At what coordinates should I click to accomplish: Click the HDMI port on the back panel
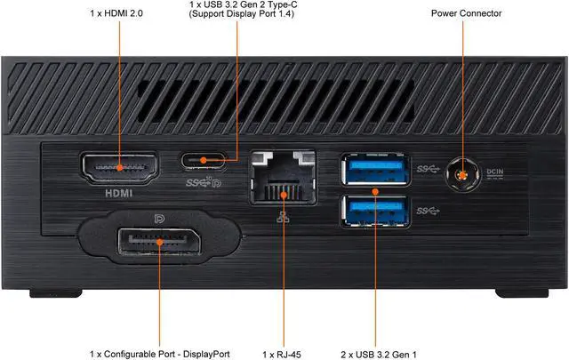(120, 168)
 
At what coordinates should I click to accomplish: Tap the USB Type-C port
(204, 160)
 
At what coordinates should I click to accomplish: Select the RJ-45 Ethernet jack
(283, 178)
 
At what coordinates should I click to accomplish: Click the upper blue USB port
(375, 170)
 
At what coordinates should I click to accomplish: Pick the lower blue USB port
(375, 212)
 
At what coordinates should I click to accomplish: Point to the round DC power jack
(462, 175)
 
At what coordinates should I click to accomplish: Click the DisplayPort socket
(159, 242)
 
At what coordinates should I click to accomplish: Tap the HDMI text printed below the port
(118, 193)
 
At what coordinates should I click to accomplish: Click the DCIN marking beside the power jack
(495, 173)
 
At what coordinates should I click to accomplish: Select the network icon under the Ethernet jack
(283, 217)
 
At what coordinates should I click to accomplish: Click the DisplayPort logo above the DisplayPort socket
(159, 219)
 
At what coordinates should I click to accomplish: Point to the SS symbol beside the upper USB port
(428, 169)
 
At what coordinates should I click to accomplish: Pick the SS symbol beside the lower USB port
(428, 211)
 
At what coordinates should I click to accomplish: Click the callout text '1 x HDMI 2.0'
(116, 13)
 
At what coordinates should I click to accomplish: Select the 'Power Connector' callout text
(466, 13)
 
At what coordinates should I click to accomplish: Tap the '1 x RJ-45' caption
(282, 355)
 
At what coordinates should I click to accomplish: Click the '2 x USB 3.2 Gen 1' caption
(379, 355)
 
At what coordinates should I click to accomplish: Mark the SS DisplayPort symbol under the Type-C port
(204, 182)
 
